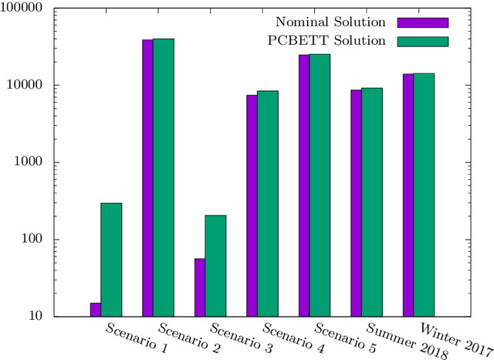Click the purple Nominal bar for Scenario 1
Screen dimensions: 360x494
96,310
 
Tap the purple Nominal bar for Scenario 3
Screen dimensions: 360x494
200,287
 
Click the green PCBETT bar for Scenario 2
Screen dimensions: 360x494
163,178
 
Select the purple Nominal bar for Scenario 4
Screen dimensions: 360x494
252,205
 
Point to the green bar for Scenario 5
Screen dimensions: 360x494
320,185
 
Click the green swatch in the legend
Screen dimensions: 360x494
422,41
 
